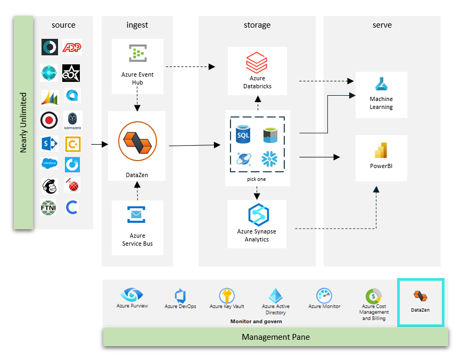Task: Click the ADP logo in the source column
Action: coord(72,47)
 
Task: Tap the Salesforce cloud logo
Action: coord(49,164)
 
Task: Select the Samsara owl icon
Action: coord(72,120)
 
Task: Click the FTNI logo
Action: coord(49,207)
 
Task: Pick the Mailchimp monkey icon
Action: coord(49,186)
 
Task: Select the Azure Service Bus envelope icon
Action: coord(137,215)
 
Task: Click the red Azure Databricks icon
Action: coord(257,63)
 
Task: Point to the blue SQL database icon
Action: coord(243,134)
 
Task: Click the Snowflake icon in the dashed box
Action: coord(270,158)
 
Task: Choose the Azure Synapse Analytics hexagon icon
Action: coord(258,214)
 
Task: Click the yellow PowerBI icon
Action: coord(381,150)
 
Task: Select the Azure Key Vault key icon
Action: coord(227,296)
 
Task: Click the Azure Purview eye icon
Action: coord(131,294)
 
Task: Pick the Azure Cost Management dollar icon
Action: coord(373,296)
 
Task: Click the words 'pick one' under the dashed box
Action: coord(257,179)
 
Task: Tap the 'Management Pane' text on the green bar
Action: coord(275,337)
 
